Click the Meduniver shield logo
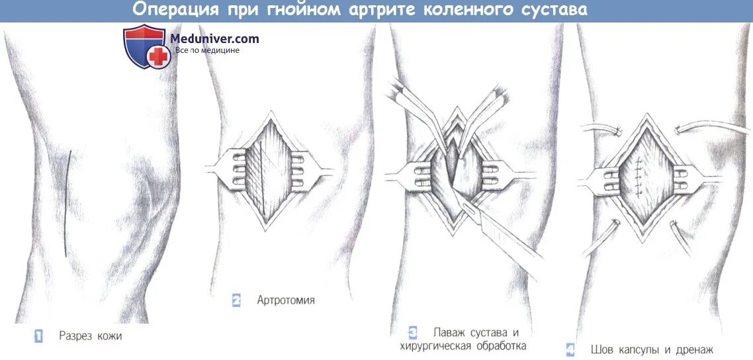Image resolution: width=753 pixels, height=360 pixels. (x=145, y=46)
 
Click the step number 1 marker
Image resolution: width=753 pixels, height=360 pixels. (x=38, y=336)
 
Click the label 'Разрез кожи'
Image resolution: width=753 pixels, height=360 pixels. (x=90, y=336)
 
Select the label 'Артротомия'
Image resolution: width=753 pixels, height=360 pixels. (x=286, y=300)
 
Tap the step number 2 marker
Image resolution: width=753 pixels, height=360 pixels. (x=236, y=300)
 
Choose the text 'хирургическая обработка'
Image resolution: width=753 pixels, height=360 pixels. (x=463, y=345)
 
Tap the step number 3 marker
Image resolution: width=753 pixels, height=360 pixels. (x=412, y=332)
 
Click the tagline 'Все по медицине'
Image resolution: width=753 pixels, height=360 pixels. (x=207, y=50)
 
